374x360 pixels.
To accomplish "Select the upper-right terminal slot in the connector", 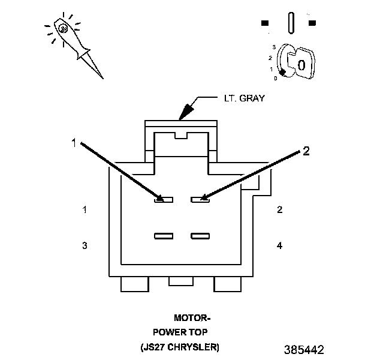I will point(200,199).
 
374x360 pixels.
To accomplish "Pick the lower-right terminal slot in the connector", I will point(200,236).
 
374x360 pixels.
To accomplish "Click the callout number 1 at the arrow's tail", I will point(74,143).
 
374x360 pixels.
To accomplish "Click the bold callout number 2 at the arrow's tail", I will point(306,151).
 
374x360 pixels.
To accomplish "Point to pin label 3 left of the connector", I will point(85,245).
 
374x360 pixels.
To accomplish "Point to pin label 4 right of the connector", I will point(279,245).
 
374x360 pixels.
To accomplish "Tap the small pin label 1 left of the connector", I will point(85,210).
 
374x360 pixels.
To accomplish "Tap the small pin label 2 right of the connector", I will point(279,210).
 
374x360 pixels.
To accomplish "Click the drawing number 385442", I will point(304,349).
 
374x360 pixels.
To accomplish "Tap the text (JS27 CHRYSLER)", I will point(180,347).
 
